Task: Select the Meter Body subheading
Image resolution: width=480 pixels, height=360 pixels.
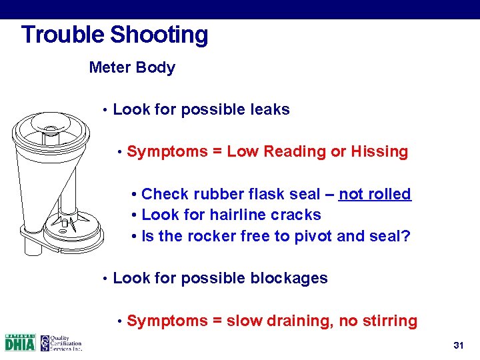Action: point(132,67)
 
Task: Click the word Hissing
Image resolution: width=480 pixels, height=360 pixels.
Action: point(379,151)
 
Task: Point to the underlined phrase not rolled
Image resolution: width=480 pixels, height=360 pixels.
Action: point(375,194)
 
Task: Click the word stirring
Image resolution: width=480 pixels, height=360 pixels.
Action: point(391,321)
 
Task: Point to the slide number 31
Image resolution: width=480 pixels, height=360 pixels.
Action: point(458,345)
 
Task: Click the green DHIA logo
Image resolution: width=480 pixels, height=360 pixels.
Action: point(20,343)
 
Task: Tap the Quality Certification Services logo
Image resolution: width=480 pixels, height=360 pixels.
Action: point(61,343)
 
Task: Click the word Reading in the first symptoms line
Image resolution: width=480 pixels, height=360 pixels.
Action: point(295,151)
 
